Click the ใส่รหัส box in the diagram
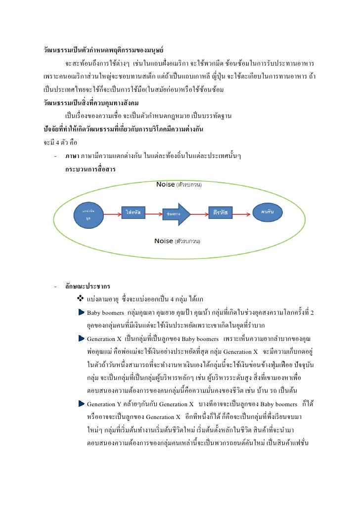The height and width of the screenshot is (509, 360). pyautogui.click(x=133, y=212)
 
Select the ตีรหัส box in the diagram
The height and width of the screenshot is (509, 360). pyautogui.click(x=220, y=212)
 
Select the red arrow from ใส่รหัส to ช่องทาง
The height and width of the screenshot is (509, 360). pyautogui.click(x=154, y=213)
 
